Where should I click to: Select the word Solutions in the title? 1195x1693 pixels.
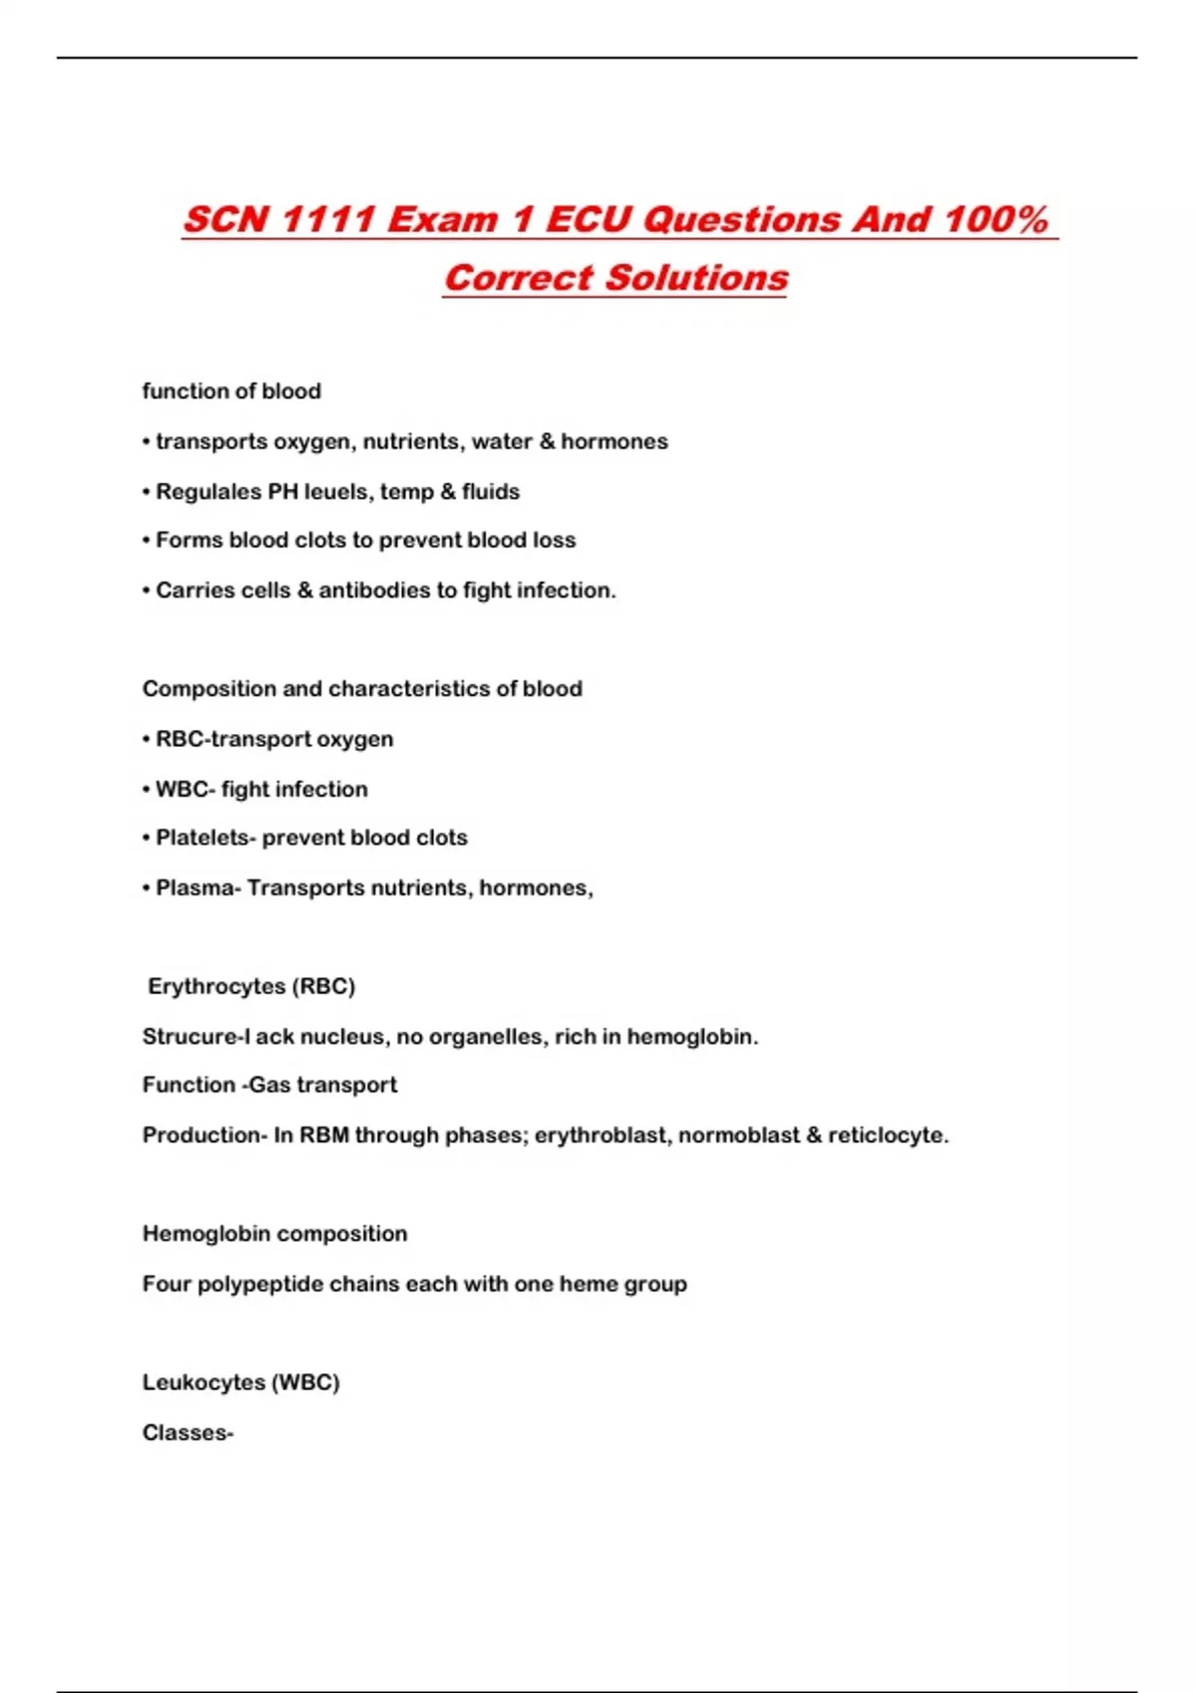[x=697, y=278]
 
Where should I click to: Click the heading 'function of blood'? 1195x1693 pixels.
[x=231, y=391]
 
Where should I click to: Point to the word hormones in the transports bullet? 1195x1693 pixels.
[x=614, y=441]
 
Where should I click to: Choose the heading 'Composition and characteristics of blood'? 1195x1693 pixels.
[x=362, y=689]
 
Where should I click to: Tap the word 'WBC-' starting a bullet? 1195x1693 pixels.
[x=183, y=789]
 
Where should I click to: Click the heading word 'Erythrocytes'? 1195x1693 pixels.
[x=216, y=986]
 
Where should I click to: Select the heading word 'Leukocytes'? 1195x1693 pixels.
[x=203, y=1382]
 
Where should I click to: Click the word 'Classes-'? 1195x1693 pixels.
[x=187, y=1433]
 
